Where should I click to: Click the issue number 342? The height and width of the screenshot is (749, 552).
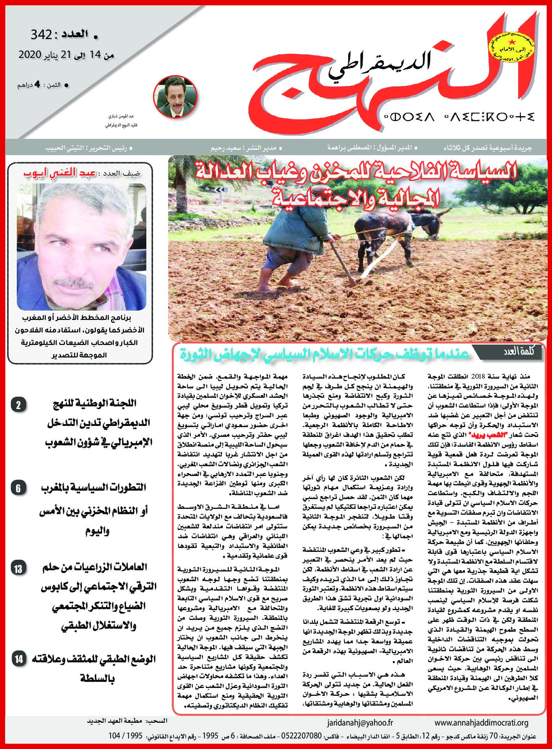click(41, 35)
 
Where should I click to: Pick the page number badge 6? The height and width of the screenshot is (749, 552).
click(18, 488)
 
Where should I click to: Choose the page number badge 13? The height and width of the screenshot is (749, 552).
click(18, 568)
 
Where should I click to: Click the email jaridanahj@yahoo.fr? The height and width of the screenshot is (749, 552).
click(360, 723)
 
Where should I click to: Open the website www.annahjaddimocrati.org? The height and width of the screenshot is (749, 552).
click(481, 723)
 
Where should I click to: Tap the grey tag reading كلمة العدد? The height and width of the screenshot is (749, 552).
click(518, 351)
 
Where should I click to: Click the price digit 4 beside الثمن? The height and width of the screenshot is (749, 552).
click(38, 84)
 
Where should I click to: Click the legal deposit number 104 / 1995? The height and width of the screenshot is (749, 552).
click(125, 736)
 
